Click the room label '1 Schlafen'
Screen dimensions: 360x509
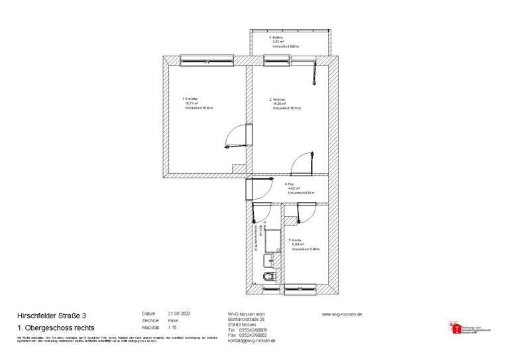tap(192, 99)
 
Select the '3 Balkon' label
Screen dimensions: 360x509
tap(276, 37)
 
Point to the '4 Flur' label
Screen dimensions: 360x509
tap(290, 184)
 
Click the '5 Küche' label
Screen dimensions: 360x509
tap(296, 239)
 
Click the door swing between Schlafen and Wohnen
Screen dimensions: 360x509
tap(237, 137)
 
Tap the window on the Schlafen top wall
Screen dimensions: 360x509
tap(199, 60)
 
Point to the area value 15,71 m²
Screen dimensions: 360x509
tap(192, 103)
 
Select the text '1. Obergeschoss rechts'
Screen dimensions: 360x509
tap(56, 328)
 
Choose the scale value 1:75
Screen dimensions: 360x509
tap(172, 328)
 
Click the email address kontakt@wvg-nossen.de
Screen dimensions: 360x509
tap(252, 341)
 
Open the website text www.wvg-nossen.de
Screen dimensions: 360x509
tap(342, 314)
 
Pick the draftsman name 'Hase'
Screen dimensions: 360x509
tap(173, 320)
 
